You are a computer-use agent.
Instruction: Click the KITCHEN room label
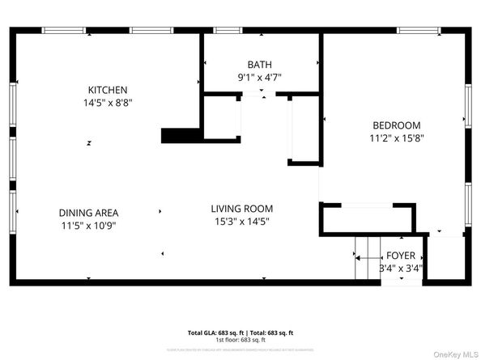pyautogui.click(x=108, y=89)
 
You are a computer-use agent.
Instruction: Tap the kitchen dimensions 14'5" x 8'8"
pyautogui.click(x=108, y=103)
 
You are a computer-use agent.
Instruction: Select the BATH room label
pyautogui.click(x=260, y=65)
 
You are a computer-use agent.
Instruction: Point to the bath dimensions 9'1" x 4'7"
pyautogui.click(x=260, y=78)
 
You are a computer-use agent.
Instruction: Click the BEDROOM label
pyautogui.click(x=396, y=125)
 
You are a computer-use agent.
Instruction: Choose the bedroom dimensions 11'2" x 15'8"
pyautogui.click(x=396, y=138)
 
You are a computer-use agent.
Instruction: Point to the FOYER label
pyautogui.click(x=401, y=256)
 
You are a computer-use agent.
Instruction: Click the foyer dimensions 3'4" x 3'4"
pyautogui.click(x=401, y=269)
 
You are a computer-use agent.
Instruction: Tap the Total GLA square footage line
pyautogui.click(x=240, y=332)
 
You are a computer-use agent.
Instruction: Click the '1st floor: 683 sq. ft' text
pyautogui.click(x=240, y=339)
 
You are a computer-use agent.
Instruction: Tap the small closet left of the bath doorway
pyautogui.click(x=221, y=117)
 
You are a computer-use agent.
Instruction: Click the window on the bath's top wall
pyautogui.click(x=228, y=31)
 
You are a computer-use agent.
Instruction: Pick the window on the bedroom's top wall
pyautogui.click(x=418, y=31)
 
